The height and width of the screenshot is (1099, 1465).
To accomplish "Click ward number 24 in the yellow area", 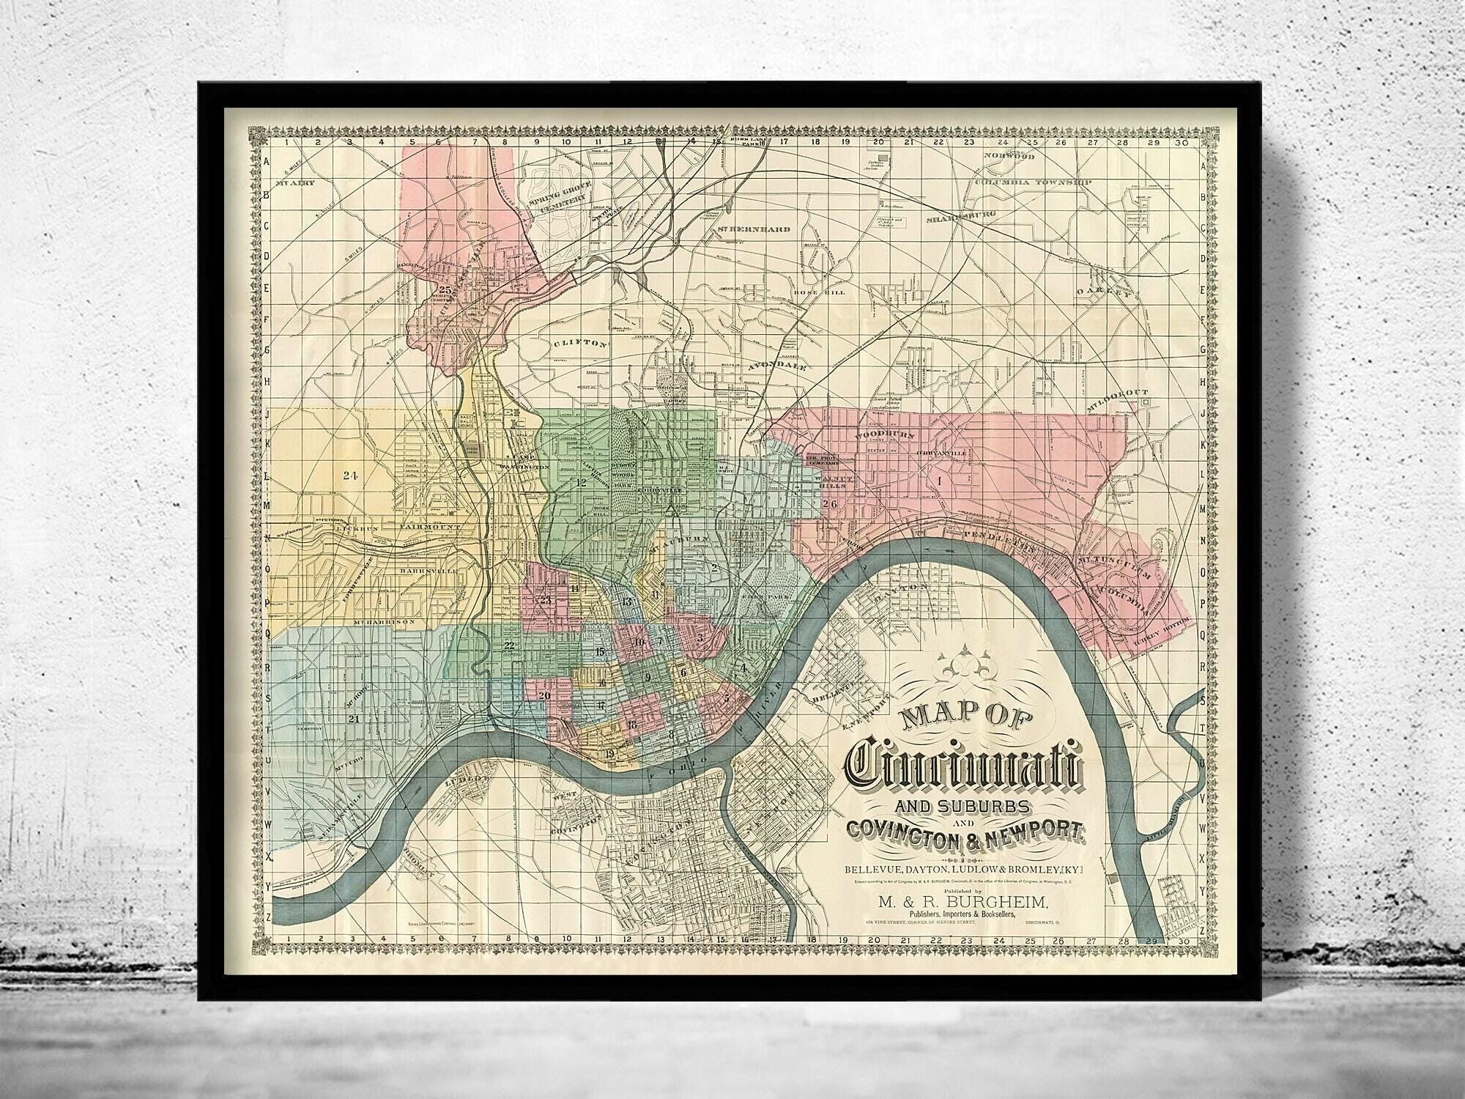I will (x=349, y=476).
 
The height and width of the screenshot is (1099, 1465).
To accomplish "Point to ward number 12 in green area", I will (x=582, y=482).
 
